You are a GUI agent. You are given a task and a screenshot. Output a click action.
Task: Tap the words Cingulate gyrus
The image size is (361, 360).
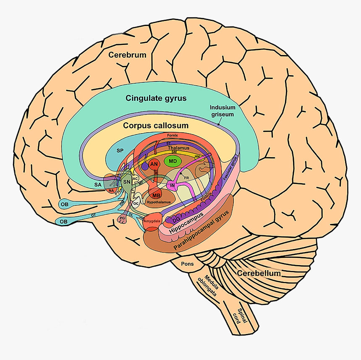[x=156, y=98]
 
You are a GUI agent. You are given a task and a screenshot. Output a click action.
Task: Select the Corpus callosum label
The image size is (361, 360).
[x=156, y=126]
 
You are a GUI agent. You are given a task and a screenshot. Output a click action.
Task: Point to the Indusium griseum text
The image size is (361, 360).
[x=222, y=110]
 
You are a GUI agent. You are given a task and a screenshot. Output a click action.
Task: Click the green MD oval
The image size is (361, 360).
[x=173, y=161]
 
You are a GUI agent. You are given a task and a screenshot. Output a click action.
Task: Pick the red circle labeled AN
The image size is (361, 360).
[x=154, y=164]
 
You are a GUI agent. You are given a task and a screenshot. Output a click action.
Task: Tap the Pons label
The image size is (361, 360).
[x=187, y=264]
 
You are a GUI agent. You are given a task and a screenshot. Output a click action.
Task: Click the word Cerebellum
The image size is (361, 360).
[x=259, y=273]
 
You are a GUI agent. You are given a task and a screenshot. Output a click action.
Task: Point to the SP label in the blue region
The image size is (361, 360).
[x=120, y=150]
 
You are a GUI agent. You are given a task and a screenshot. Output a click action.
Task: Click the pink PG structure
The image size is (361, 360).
[x=123, y=218]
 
